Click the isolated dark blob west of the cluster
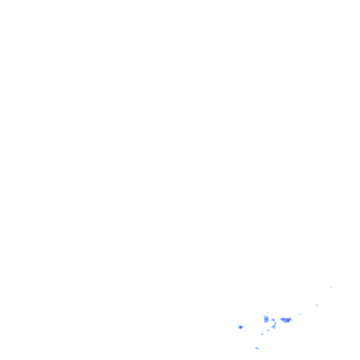point(240,327)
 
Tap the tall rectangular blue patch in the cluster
point(266,319)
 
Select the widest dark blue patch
point(285,320)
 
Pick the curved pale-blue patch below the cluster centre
point(274,324)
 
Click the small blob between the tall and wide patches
point(273,320)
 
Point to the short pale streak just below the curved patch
point(269,330)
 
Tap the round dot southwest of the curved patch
point(262,334)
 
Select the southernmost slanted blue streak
point(257,348)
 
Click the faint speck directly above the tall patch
point(268,312)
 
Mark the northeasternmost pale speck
point(331,288)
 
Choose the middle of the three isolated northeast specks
point(317,305)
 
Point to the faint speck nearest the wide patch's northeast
point(301,314)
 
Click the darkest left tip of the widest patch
point(282,319)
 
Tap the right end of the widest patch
point(290,320)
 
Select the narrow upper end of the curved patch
point(275,322)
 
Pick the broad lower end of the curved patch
point(273,327)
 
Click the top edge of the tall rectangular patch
point(266,317)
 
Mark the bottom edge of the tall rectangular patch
point(266,322)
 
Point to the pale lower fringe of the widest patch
point(285,322)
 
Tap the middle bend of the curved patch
point(275,324)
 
